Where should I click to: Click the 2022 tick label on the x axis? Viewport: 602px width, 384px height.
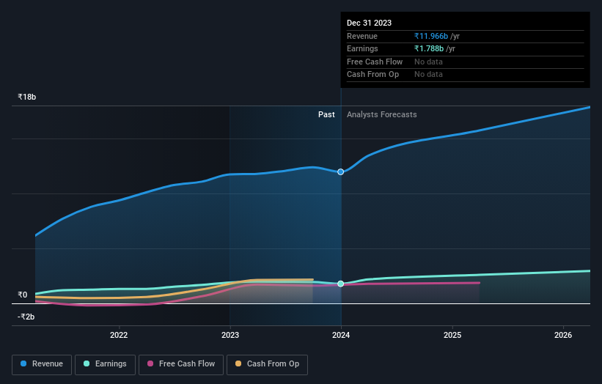click(119, 336)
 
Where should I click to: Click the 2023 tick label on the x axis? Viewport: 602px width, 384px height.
click(230, 336)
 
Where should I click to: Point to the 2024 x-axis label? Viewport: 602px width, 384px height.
click(341, 336)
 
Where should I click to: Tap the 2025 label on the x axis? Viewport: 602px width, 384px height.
click(452, 336)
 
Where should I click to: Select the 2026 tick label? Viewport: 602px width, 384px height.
click(563, 336)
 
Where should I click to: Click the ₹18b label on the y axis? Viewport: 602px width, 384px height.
click(27, 97)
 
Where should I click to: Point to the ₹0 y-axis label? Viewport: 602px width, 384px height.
click(22, 295)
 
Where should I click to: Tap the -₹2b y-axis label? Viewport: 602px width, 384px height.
click(26, 317)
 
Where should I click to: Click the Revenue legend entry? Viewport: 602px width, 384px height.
click(42, 364)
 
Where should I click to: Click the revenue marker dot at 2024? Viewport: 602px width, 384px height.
click(341, 171)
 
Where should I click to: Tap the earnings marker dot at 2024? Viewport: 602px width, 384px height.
click(341, 284)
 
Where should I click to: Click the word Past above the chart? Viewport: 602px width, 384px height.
click(326, 114)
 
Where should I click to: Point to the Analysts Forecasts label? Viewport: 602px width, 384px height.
click(381, 114)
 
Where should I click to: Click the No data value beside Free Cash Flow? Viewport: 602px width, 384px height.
click(428, 62)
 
